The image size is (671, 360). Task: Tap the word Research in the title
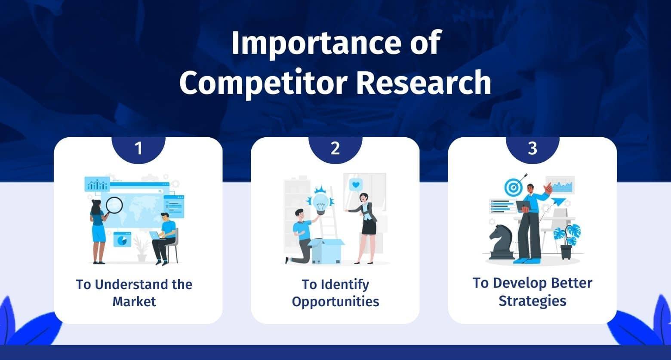click(x=424, y=82)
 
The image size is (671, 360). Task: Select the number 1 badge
click(x=139, y=149)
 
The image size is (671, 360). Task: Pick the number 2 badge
click(x=335, y=149)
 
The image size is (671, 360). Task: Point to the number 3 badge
click(x=532, y=149)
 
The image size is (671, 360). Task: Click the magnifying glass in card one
click(x=113, y=206)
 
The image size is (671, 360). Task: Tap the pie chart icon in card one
click(x=122, y=240)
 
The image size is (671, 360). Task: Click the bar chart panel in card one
click(x=97, y=184)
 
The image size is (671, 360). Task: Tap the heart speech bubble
click(x=356, y=185)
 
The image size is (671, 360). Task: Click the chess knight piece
click(x=501, y=243)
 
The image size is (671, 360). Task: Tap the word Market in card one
click(x=134, y=302)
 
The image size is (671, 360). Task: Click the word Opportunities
click(x=335, y=302)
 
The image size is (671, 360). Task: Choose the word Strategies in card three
click(x=532, y=301)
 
